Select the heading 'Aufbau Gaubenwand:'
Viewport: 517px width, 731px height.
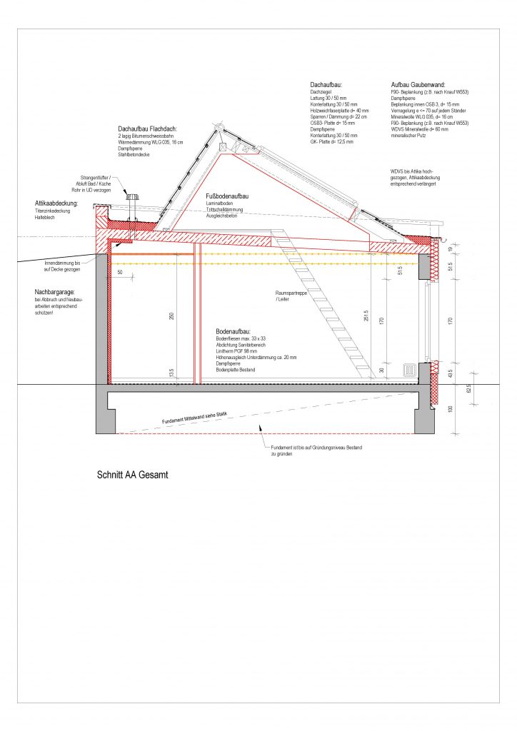(x=417, y=85)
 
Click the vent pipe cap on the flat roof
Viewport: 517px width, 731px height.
(x=132, y=195)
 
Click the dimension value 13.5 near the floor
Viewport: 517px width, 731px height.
(x=171, y=372)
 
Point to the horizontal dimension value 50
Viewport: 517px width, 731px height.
(x=119, y=272)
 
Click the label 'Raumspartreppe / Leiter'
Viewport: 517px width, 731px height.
(x=289, y=296)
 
